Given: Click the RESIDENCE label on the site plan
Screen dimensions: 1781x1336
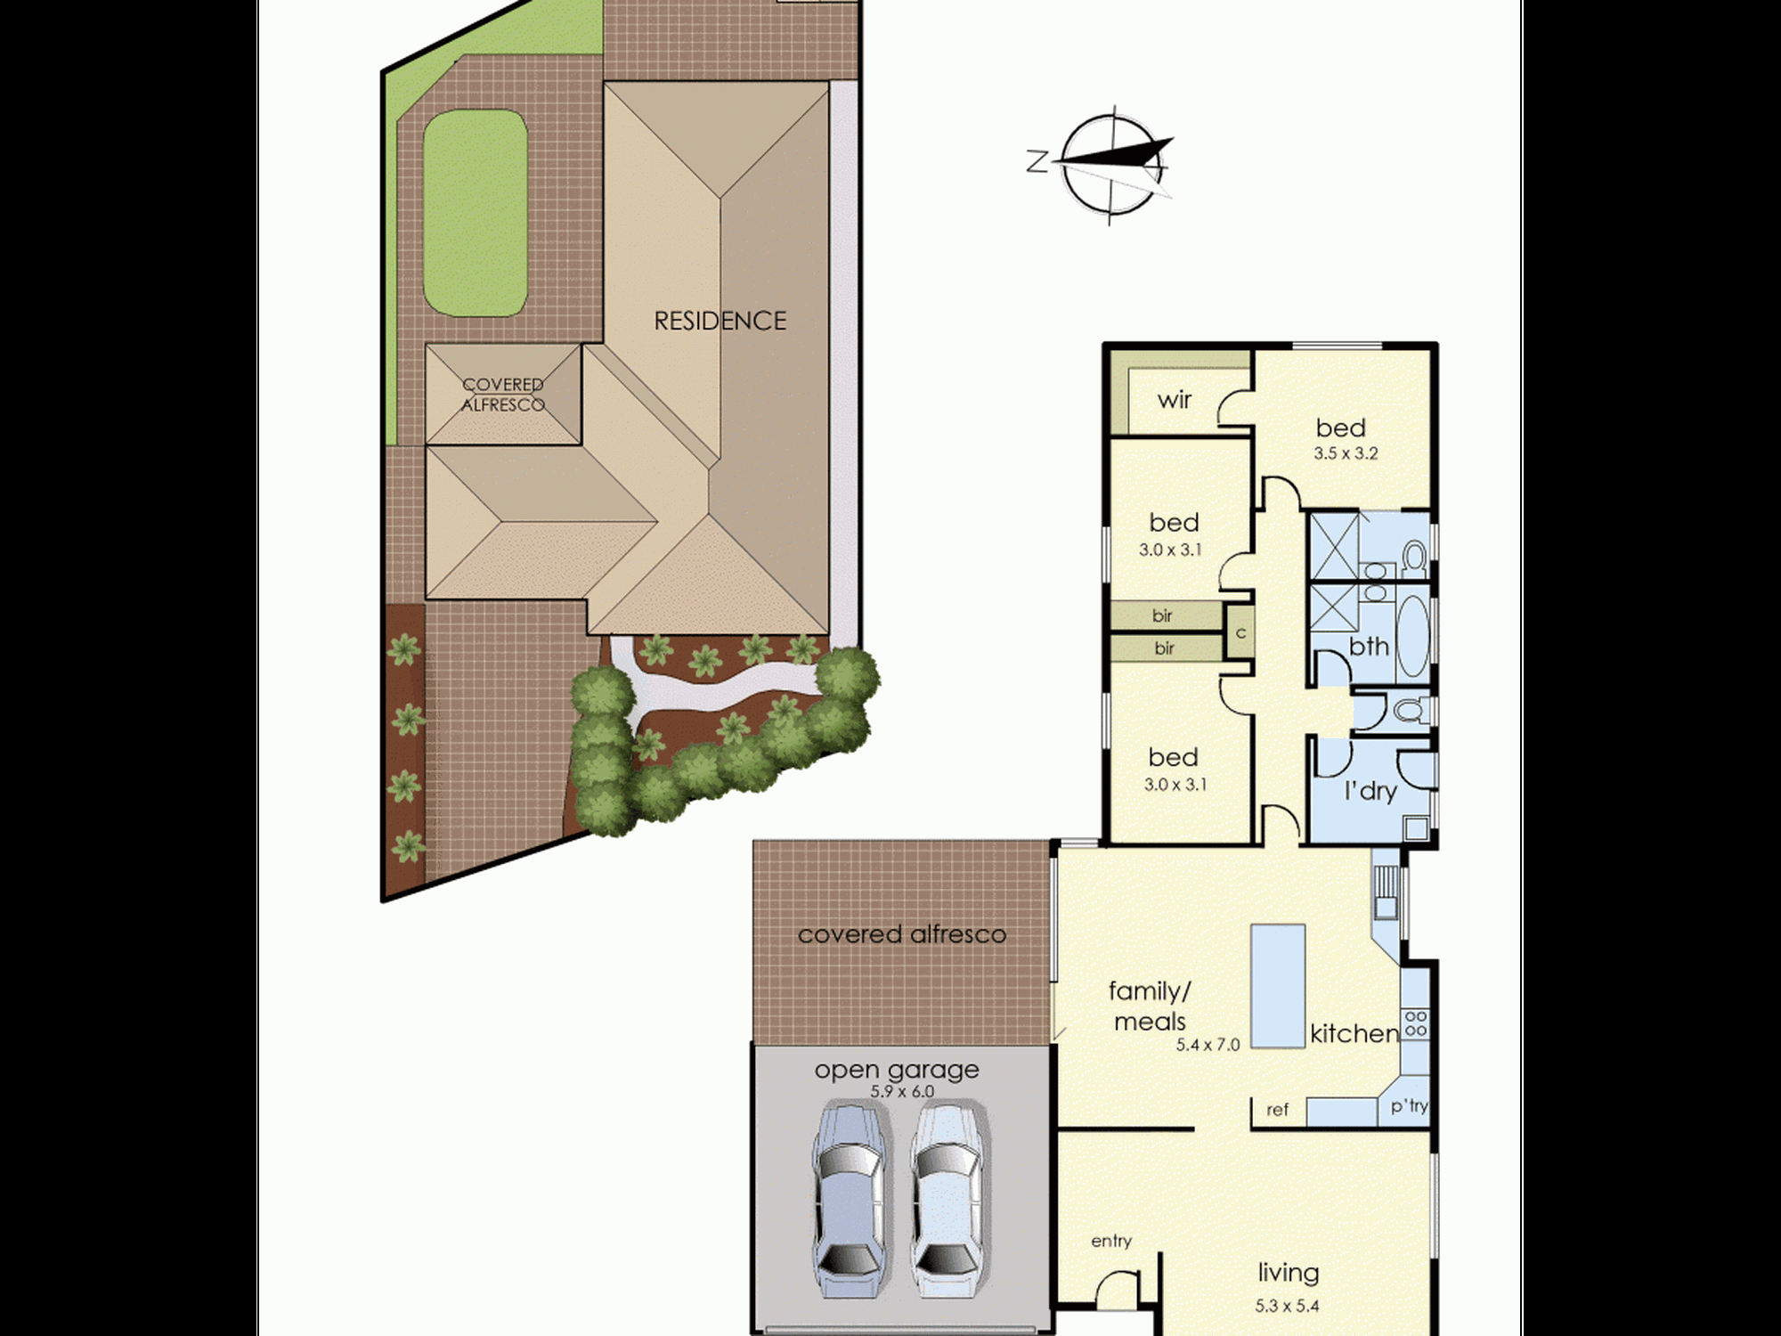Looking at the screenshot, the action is [720, 321].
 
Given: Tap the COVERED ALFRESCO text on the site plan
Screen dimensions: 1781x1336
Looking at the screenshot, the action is [503, 395].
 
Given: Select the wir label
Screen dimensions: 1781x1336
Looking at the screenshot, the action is [1175, 400].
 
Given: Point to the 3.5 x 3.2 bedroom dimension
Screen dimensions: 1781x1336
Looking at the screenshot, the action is [1346, 453].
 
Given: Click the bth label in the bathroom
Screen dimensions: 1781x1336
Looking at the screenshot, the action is [1369, 647].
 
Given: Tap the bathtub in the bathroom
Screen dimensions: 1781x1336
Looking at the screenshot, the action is [1412, 639].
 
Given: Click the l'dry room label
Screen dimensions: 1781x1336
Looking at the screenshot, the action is [1370, 791].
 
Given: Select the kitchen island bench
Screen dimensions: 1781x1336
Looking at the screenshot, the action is [1278, 986].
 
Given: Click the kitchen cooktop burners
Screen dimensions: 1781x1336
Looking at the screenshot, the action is [1415, 1023].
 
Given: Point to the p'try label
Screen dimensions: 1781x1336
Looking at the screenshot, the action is [1409, 1106].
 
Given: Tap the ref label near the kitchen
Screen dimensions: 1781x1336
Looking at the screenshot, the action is [1278, 1110].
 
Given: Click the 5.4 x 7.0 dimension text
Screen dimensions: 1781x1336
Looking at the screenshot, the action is [1208, 1045].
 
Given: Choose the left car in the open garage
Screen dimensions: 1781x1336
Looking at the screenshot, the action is [850, 1200].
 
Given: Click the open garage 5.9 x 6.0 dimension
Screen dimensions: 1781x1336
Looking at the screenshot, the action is [902, 1092].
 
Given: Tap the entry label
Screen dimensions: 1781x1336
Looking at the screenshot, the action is [1111, 1241].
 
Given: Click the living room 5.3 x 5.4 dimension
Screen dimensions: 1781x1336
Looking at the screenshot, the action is [1288, 1307].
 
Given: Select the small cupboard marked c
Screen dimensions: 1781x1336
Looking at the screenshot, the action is [1240, 633].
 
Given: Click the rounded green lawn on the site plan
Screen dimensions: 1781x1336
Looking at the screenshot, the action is [476, 213].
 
